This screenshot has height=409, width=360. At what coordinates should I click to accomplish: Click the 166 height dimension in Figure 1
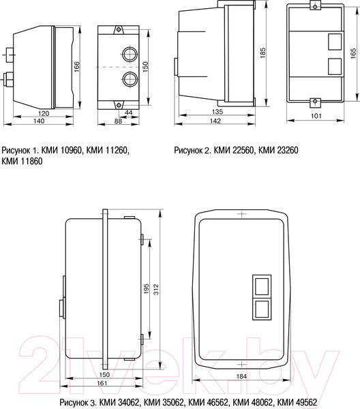[x=76, y=67]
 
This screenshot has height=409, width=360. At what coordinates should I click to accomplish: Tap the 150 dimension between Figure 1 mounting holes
[x=145, y=67]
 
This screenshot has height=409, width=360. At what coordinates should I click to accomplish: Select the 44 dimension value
[x=128, y=112]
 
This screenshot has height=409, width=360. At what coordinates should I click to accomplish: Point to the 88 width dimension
[x=118, y=121]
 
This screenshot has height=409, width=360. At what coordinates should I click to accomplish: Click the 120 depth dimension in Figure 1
[x=44, y=113]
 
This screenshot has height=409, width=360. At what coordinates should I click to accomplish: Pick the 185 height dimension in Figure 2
[x=262, y=52]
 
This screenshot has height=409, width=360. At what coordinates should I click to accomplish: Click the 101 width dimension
[x=316, y=116]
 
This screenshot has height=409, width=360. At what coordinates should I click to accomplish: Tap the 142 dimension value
[x=215, y=121]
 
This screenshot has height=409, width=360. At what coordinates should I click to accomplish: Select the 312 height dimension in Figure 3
[x=155, y=289]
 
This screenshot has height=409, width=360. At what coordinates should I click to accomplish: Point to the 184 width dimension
[x=241, y=376]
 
